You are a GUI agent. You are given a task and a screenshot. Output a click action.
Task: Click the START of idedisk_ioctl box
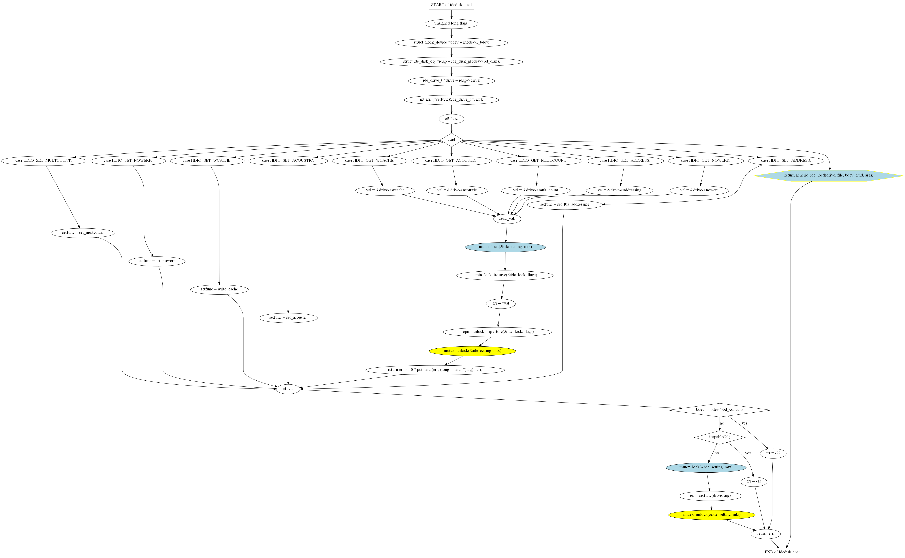[451, 5]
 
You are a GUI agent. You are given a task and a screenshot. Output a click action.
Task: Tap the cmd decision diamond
[451, 140]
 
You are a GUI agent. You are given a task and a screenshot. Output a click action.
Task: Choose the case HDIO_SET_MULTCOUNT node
[44, 161]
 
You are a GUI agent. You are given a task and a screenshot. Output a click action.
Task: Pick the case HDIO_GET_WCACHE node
[370, 161]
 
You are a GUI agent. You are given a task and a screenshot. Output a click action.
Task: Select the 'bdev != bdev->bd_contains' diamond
[719, 410]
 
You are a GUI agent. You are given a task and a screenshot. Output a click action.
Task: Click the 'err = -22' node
[773, 453]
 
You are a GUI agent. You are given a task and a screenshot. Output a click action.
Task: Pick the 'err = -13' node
[753, 482]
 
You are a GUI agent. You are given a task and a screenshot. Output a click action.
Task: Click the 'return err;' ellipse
[765, 534]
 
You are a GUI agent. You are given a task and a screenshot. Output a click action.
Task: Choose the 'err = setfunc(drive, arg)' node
[710, 496]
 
